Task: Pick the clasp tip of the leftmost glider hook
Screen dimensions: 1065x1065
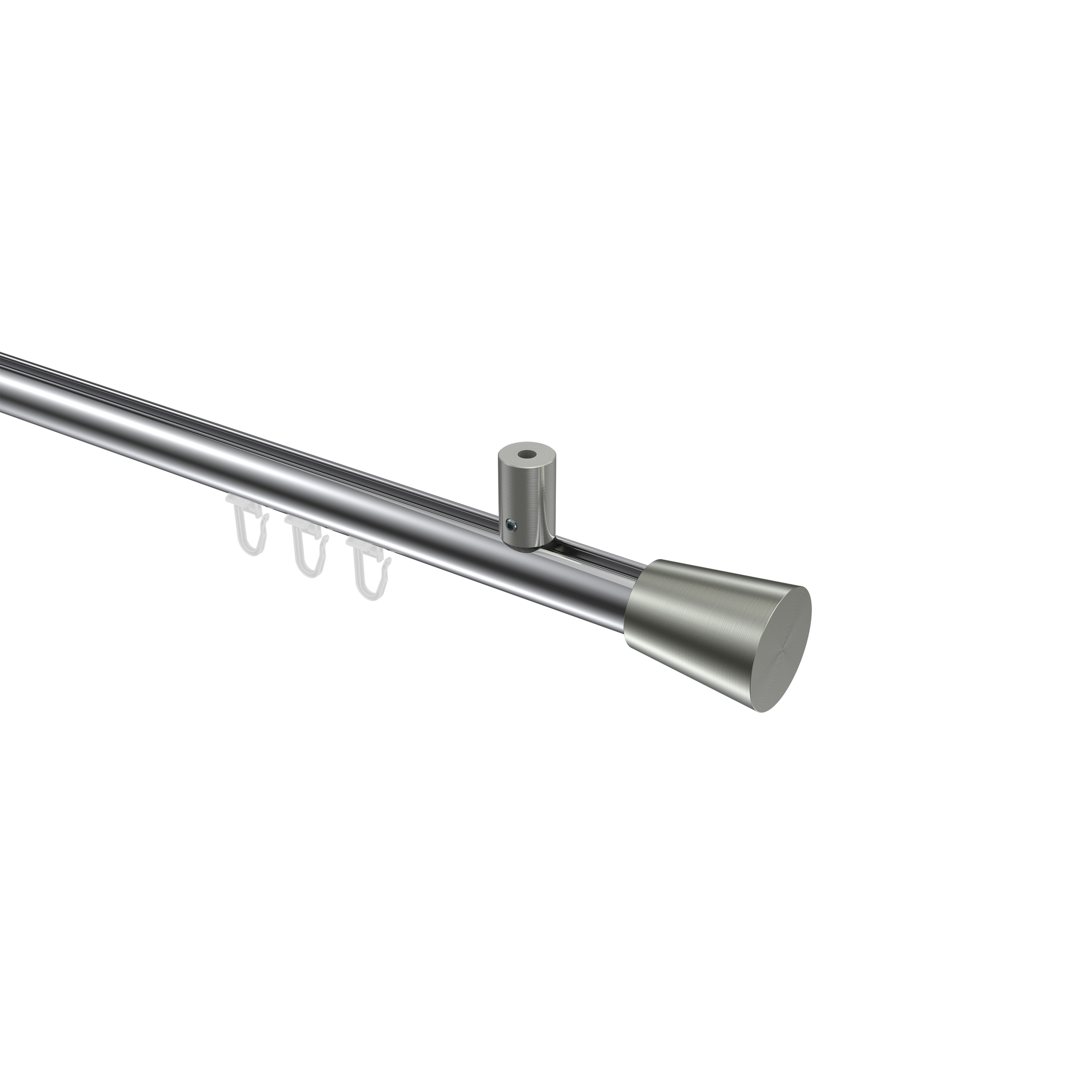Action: [265, 517]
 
